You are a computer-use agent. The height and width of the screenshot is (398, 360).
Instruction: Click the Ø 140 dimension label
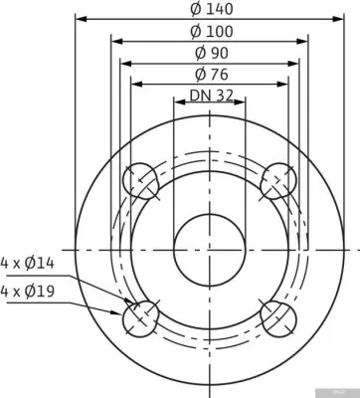click(x=212, y=9)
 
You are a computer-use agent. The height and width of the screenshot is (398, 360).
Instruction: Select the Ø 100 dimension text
click(x=212, y=32)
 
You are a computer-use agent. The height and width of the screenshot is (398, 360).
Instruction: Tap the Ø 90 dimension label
click(x=212, y=53)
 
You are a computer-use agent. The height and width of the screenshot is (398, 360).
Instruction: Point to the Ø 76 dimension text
click(x=212, y=75)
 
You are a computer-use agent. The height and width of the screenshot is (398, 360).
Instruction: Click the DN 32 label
click(x=211, y=96)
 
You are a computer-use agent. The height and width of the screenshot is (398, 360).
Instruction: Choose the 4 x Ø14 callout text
click(x=27, y=264)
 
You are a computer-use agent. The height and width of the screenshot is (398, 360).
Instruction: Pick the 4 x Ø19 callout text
click(x=27, y=292)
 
